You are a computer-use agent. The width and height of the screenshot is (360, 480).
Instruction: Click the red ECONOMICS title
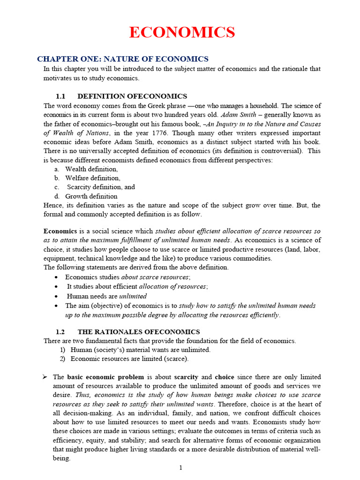tap(182, 32)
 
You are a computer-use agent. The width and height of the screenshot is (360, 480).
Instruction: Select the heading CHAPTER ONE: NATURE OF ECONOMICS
tap(123, 59)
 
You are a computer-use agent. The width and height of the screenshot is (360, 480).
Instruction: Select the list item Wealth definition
tap(91, 169)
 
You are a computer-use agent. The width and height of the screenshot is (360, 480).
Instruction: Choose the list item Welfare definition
tap(92, 178)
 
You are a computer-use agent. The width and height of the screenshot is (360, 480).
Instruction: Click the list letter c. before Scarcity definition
tap(56, 187)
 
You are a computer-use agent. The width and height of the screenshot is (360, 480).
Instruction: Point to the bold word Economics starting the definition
tap(60, 231)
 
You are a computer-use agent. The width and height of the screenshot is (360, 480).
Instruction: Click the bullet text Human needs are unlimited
tap(106, 296)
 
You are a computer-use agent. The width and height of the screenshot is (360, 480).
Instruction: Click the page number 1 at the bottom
tap(180, 468)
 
